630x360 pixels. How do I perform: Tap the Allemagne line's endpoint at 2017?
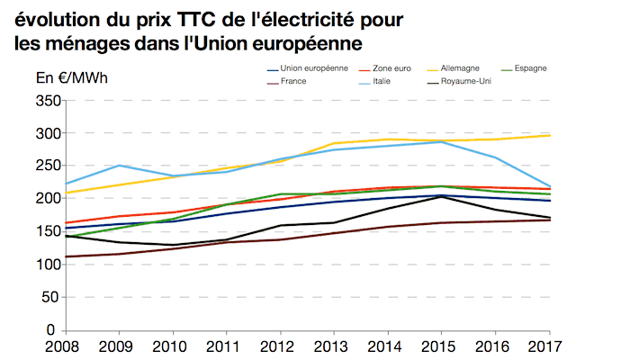point(550,135)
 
